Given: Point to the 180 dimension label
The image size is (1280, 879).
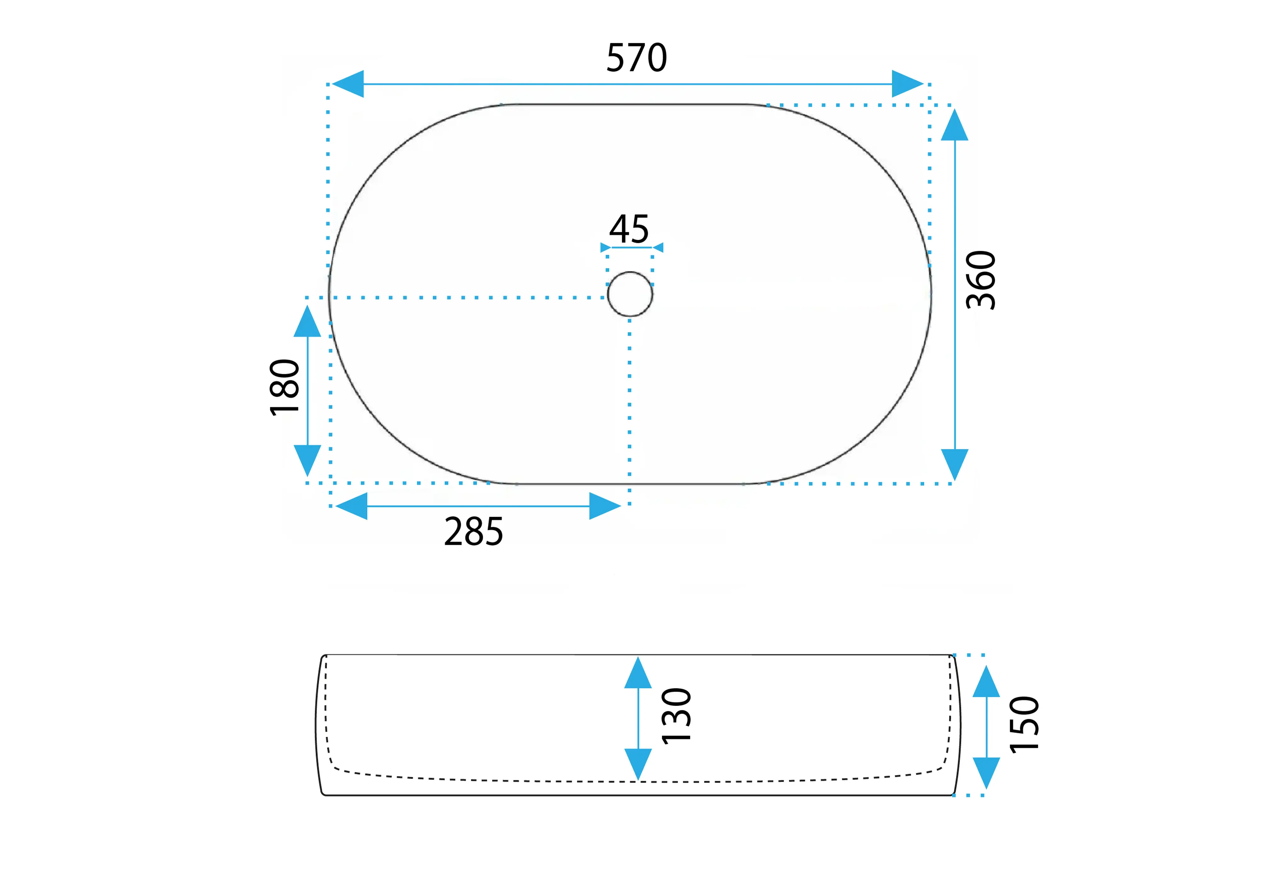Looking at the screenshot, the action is point(284,387).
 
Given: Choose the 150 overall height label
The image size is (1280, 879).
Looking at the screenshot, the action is point(1024,724).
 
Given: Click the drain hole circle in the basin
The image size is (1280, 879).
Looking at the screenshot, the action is point(630,294).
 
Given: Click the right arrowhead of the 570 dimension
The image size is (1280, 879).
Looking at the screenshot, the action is point(907,84).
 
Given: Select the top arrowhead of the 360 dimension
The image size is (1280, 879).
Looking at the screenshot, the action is point(954,125).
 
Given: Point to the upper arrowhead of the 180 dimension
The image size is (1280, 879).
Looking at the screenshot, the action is point(307,321).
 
